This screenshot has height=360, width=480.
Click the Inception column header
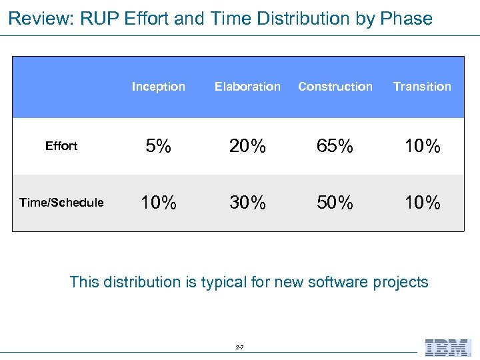[x=158, y=87]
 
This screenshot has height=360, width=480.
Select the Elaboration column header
[x=247, y=87]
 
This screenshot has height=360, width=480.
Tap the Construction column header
[x=335, y=87]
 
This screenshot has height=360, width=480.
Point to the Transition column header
[x=422, y=87]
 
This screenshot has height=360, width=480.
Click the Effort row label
[x=61, y=146]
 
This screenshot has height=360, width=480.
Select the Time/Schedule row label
[x=61, y=203]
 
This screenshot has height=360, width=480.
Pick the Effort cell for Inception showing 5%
[x=158, y=146]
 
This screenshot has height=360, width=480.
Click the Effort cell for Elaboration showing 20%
[x=247, y=146]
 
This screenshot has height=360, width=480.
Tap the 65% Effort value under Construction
[x=335, y=146]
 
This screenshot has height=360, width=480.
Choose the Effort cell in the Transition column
[x=422, y=146]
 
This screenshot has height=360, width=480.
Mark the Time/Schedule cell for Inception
[x=158, y=203]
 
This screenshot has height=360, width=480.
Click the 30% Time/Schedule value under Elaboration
[x=247, y=203]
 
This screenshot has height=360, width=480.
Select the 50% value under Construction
[x=335, y=203]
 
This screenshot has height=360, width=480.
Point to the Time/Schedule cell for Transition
[x=422, y=203]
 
